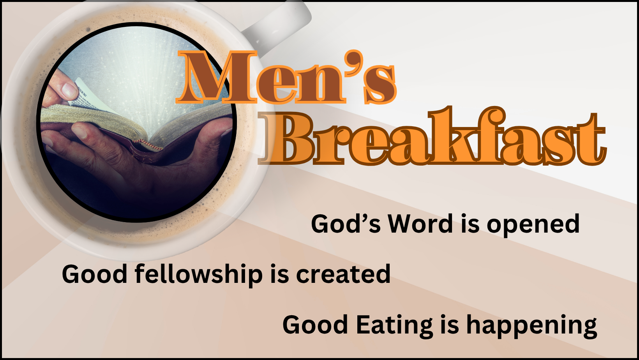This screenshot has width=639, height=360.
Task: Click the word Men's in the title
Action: (286, 77)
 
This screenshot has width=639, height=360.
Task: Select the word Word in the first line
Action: (420, 224)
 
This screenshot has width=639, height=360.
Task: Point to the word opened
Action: (533, 225)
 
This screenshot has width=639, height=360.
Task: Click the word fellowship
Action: (199, 274)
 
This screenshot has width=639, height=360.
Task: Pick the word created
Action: (343, 274)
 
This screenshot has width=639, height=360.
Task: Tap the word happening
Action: (531, 327)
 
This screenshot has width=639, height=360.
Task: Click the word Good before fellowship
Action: (94, 274)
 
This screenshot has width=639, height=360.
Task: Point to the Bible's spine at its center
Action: (145, 148)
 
